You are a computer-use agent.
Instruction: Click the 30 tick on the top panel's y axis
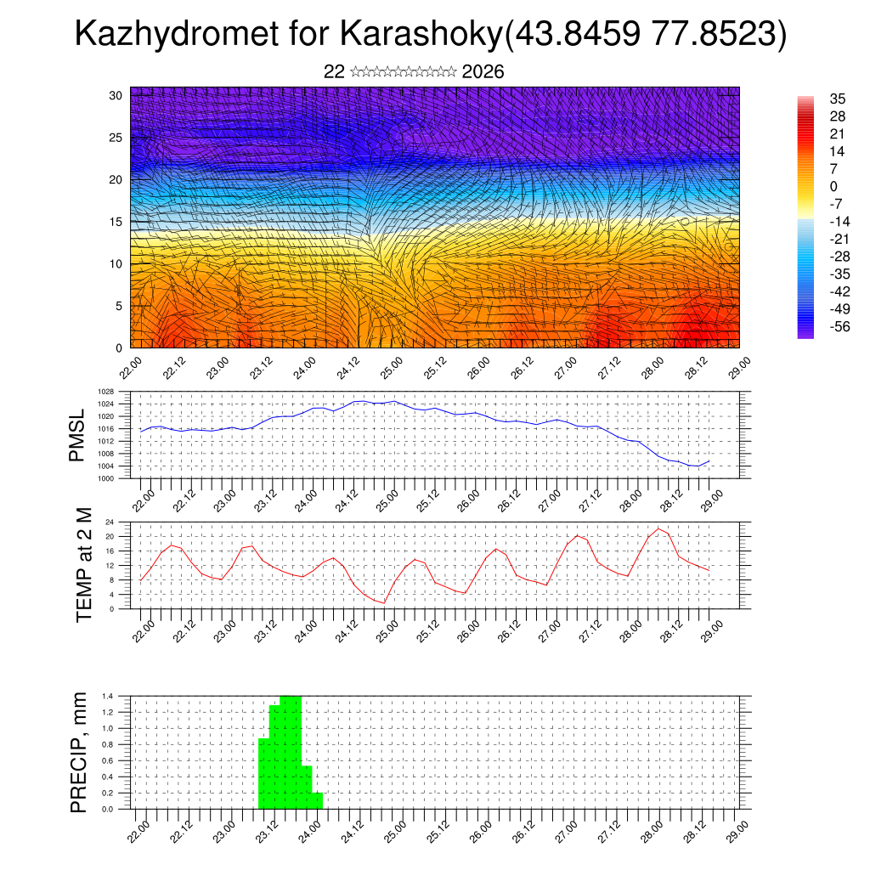(116, 95)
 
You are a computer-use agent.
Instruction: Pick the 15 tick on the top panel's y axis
(116, 222)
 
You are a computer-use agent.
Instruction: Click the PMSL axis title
(77, 434)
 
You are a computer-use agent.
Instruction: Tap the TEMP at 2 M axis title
(83, 564)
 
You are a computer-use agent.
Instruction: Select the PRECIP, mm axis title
(79, 752)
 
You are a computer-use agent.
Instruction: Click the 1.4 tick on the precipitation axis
(107, 696)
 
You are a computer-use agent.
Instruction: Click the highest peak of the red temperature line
(658, 528)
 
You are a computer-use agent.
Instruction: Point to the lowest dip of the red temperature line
(384, 602)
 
